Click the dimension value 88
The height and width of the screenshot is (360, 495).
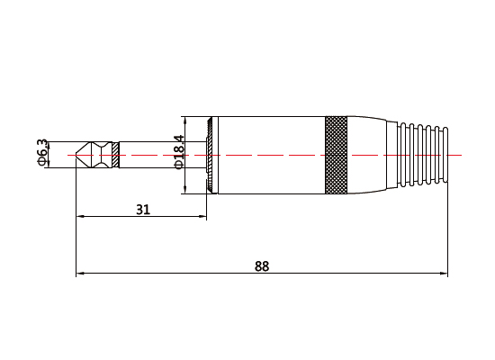262,265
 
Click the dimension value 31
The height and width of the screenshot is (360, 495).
143,209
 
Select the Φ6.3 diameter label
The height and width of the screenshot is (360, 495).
41,153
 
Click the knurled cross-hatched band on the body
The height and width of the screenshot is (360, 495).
336,155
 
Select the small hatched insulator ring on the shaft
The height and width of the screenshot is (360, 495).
113,155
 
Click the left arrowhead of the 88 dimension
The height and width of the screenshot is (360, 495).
80,273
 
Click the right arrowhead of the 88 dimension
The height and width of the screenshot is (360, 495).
444,273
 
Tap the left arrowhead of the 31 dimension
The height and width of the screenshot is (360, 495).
81,216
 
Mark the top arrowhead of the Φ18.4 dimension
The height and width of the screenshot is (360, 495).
184,119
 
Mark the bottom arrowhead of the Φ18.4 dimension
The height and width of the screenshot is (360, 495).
184,190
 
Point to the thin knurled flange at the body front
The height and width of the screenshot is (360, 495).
211,155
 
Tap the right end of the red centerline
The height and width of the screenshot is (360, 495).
461,155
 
